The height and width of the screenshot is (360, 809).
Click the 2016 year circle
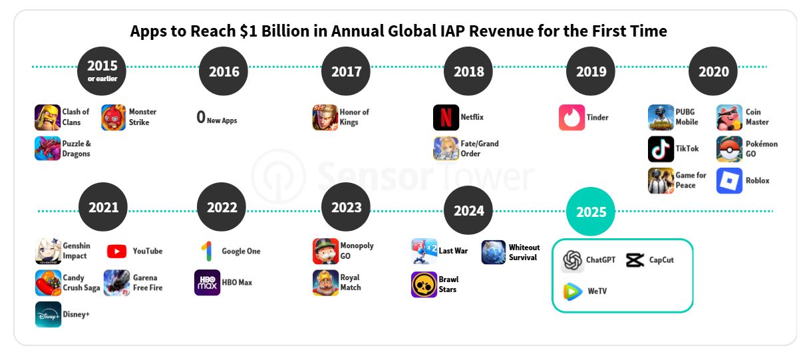click(224, 72)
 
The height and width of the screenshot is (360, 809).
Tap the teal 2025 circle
click(591, 212)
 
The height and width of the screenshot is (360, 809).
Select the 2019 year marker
click(591, 72)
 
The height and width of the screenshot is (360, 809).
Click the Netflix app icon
click(446, 118)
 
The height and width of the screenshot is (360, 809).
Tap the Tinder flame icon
click(571, 118)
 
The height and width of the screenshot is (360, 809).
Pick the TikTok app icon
click(661, 149)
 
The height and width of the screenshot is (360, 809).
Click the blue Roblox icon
click(729, 181)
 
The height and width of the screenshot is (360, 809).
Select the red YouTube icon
click(116, 252)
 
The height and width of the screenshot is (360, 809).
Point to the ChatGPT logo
click(572, 260)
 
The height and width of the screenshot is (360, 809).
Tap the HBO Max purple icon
click(207, 283)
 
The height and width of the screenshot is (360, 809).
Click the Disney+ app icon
click(48, 314)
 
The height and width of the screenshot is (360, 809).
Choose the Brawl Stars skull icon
click(424, 285)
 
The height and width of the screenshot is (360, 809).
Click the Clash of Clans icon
click(47, 118)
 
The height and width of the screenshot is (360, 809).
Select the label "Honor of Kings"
click(354, 117)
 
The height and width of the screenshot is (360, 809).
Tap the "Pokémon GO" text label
click(761, 149)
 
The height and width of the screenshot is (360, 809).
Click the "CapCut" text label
click(661, 260)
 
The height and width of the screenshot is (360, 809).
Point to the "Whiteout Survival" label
click(524, 252)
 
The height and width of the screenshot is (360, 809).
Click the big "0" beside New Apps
click(201, 118)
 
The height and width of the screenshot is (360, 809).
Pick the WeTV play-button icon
click(572, 291)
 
